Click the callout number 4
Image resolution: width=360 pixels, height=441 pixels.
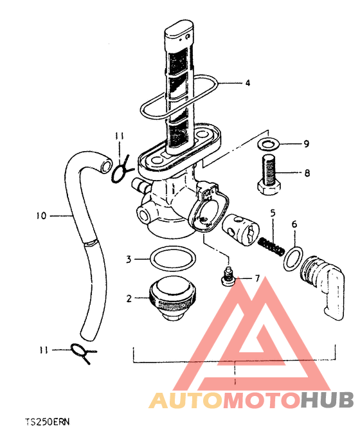coord(248,83)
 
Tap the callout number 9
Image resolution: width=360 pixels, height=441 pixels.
coord(306,144)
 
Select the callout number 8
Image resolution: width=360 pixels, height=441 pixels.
coord(307,173)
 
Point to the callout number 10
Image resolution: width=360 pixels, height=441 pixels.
coord(41,216)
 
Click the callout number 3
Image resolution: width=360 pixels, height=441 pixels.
coord(129,258)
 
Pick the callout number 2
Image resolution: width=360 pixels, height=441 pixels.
coord(129,298)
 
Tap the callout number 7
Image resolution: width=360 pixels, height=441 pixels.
coord(256,278)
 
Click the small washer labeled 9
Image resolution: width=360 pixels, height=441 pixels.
coord(268,145)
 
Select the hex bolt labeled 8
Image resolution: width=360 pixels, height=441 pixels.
coord(270,174)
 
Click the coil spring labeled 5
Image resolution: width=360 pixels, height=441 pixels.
coord(271,247)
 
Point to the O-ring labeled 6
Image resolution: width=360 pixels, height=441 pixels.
coord(293,258)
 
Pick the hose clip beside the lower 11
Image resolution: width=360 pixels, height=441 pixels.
coord(84,353)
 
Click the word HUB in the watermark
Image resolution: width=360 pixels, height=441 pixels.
coord(327,400)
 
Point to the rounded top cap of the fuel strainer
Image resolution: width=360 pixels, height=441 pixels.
coord(179,30)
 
